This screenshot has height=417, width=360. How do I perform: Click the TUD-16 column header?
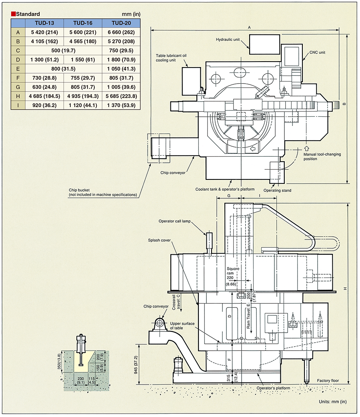point(83,23)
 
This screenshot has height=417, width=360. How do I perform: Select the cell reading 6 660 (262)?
point(121,32)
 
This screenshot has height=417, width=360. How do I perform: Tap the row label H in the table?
point(18,96)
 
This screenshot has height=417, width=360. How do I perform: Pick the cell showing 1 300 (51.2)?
point(44,60)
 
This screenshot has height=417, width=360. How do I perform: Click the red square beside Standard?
point(13,14)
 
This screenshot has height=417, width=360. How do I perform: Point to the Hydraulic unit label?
point(228,40)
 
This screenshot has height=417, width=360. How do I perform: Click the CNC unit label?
point(317,52)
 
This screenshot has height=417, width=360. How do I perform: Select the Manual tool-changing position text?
point(322,156)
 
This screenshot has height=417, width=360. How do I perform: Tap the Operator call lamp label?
point(174,221)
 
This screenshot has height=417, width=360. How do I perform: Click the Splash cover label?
point(159,240)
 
